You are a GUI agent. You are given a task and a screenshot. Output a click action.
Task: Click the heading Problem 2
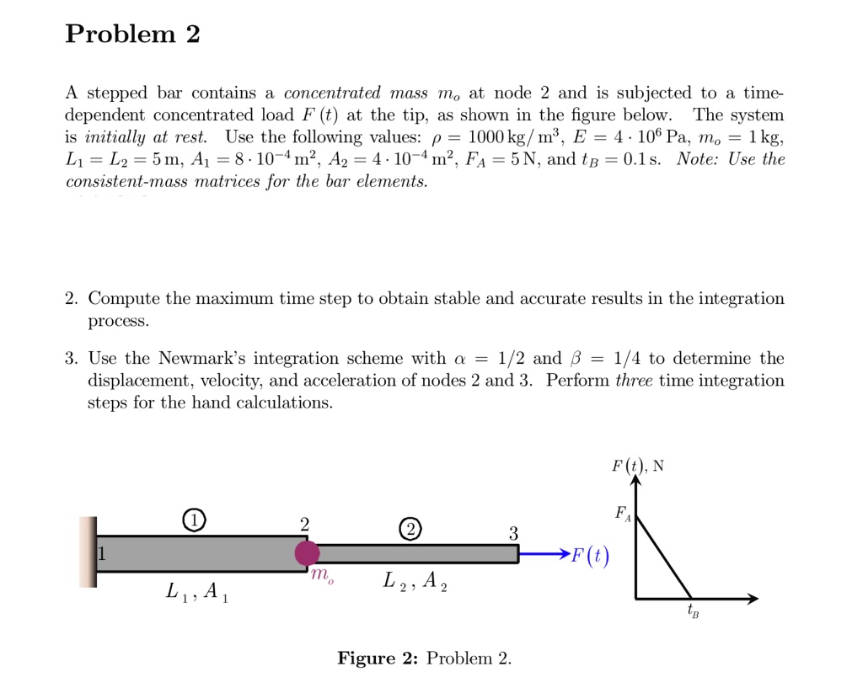coord(133,35)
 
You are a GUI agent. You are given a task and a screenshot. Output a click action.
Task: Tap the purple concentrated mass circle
coord(307,553)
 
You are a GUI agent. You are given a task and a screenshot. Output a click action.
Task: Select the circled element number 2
coord(410,530)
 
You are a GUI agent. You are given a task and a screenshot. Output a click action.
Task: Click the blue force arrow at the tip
coord(543,554)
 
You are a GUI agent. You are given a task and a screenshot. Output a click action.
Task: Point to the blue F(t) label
coord(589,556)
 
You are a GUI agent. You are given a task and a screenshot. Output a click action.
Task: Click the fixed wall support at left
coord(88,552)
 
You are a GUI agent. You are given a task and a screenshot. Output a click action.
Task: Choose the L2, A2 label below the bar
coord(415,581)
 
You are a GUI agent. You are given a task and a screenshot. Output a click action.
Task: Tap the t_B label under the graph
coord(692,611)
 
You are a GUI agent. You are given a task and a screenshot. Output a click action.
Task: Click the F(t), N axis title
coord(638,466)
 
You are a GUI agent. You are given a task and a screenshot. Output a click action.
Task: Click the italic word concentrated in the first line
coord(332,93)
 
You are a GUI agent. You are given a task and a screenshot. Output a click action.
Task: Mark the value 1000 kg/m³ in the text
coord(508,137)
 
